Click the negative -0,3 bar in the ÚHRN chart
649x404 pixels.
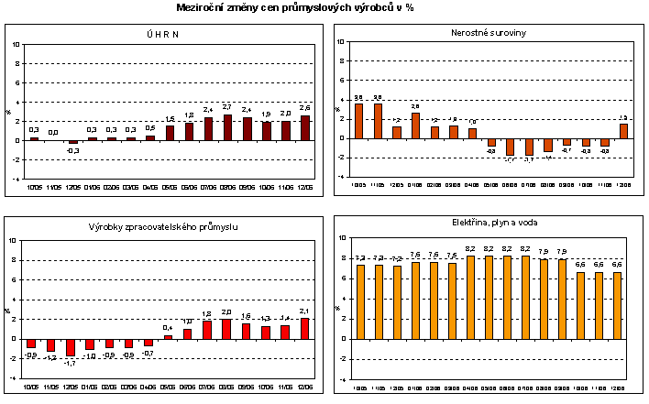click(x=73, y=142)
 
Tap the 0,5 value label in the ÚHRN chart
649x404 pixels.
click(x=150, y=127)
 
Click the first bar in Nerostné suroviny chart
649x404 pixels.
click(x=358, y=121)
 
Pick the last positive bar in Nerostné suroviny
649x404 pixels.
click(x=624, y=131)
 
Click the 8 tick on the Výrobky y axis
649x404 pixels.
click(x=11, y=260)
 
